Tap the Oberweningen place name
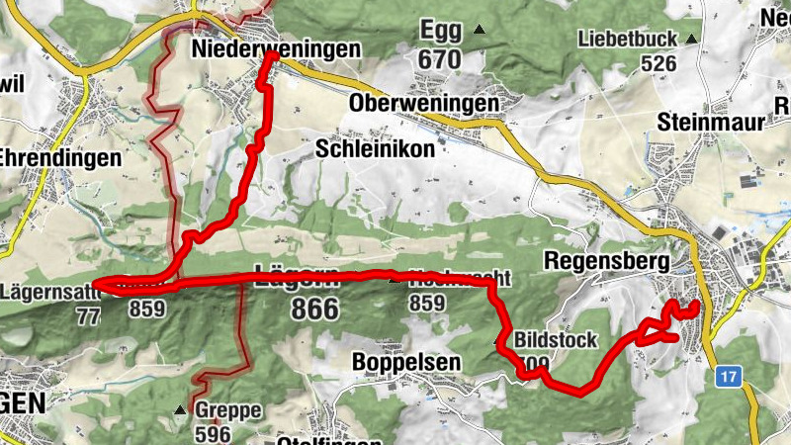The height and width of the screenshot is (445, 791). pyautogui.click(x=423, y=104)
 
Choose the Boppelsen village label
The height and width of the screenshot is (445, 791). pyautogui.click(x=406, y=363)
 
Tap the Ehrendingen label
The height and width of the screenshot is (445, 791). pyautogui.click(x=60, y=157)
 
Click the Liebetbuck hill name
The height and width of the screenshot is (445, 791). pyautogui.click(x=628, y=40)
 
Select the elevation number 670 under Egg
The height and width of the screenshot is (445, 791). pyautogui.click(x=439, y=59)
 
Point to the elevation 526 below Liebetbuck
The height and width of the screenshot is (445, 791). pyautogui.click(x=659, y=63)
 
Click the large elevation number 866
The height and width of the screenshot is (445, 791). pyautogui.click(x=314, y=309)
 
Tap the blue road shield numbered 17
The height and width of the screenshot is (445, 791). pyautogui.click(x=730, y=376)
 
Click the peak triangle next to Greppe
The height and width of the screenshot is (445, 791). pyautogui.click(x=179, y=409)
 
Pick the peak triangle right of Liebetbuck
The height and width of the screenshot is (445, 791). pyautogui.click(x=691, y=40)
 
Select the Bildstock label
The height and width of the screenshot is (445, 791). pyautogui.click(x=556, y=340)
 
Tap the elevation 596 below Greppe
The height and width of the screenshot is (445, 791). pyautogui.click(x=213, y=433)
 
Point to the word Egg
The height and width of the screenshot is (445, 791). pyautogui.click(x=441, y=29)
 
